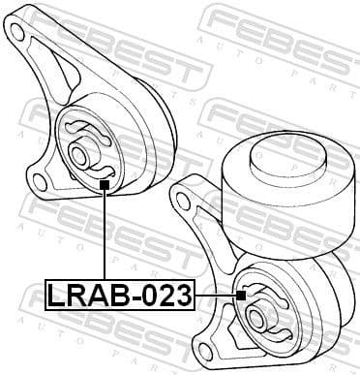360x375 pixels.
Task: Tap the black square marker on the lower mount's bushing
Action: click(x=241, y=293)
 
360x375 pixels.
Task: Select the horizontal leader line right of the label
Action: click(x=215, y=293)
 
